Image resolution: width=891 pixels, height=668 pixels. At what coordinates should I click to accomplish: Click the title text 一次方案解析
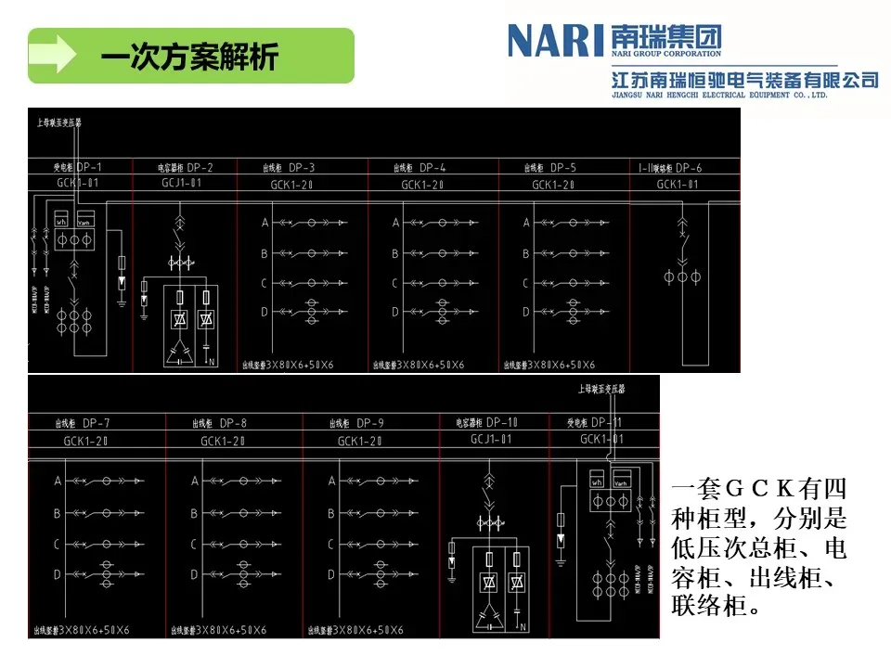(189, 57)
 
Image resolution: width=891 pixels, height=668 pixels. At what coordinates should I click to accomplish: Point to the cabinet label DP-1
(89, 167)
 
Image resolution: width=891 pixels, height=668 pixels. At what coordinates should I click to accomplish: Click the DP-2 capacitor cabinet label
(200, 168)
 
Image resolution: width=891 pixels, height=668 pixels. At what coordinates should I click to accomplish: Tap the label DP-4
(433, 168)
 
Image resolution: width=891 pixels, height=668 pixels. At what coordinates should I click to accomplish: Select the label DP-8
(233, 423)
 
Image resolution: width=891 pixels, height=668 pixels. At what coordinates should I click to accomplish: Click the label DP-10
(502, 422)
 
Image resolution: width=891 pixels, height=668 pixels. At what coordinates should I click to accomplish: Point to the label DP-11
(607, 422)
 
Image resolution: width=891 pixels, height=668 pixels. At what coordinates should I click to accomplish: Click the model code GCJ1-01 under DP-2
(181, 184)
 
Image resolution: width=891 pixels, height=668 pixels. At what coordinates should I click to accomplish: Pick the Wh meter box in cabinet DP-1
(61, 222)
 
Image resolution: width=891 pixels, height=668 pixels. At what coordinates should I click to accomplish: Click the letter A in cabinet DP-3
(265, 223)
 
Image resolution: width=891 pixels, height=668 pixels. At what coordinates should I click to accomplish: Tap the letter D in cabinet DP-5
(526, 313)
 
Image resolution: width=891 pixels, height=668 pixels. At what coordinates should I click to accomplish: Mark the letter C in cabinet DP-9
(332, 544)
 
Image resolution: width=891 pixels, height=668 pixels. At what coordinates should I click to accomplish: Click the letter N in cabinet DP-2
(213, 360)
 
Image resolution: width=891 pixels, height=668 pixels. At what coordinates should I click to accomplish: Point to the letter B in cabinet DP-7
(58, 513)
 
